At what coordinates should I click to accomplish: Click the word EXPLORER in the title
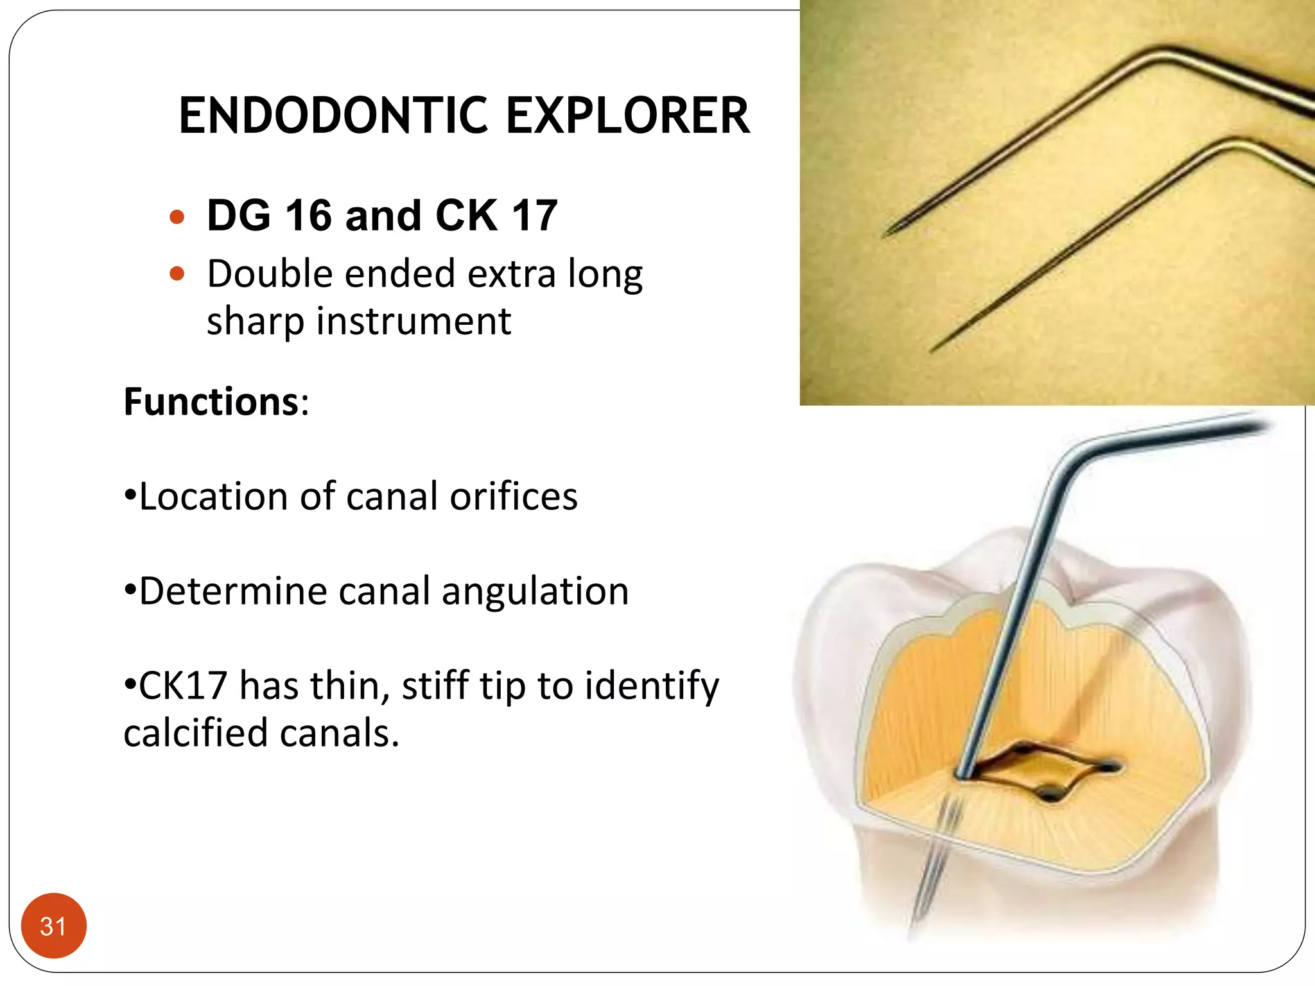click(627, 116)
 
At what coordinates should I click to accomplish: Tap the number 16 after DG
click(309, 216)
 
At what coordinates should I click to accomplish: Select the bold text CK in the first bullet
click(466, 216)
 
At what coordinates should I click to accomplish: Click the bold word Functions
click(211, 402)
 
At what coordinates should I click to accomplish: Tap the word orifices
click(513, 497)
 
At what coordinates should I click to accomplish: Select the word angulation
click(535, 591)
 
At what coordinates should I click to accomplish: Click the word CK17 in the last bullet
click(182, 686)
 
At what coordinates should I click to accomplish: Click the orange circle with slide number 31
click(53, 926)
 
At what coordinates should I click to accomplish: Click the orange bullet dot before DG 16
click(177, 217)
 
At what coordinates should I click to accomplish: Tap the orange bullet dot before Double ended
click(177, 275)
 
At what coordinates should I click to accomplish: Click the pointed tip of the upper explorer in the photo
click(886, 234)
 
